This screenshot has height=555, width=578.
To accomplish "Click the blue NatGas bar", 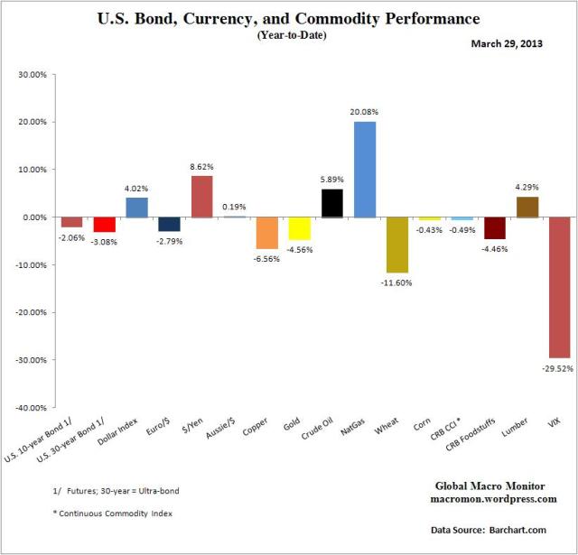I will click(x=365, y=169).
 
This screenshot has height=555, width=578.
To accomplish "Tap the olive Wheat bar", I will click(x=397, y=245).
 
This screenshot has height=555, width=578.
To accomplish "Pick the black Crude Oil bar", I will click(x=332, y=203).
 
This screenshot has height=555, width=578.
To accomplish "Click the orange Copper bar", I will click(x=266, y=233).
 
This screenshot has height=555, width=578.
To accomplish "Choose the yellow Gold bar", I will click(x=300, y=228).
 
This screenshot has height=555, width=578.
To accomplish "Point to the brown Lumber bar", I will click(x=527, y=207).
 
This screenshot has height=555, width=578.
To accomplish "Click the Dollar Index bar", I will click(x=137, y=208).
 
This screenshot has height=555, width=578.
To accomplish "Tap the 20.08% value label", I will click(x=365, y=113).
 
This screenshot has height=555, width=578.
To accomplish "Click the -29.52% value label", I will click(x=560, y=368).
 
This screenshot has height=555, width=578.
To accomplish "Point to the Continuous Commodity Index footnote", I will click(x=111, y=512).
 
